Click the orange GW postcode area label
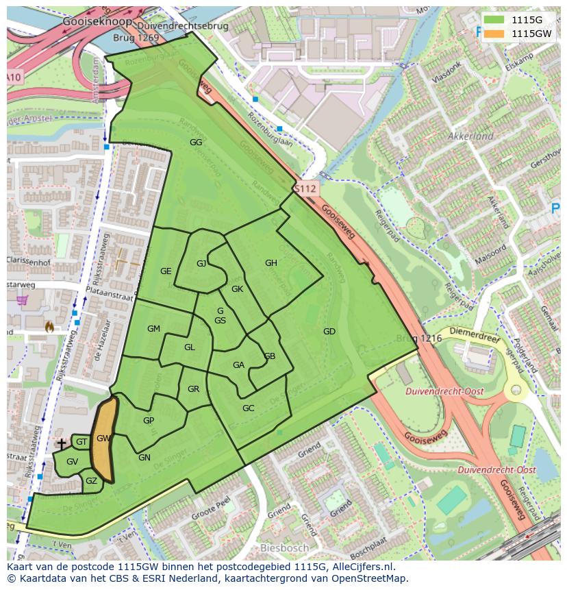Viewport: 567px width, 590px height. point(103,439)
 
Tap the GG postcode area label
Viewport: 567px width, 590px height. point(196,143)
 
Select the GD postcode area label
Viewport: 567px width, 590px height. point(329,332)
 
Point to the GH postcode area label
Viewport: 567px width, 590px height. point(271,263)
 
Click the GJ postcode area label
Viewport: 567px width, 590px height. point(201,264)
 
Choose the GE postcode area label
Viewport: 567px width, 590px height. point(166,271)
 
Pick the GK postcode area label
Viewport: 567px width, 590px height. point(238,289)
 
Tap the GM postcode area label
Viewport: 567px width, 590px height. point(153,329)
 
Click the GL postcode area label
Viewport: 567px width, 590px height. point(190,347)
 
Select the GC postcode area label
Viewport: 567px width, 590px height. point(249,408)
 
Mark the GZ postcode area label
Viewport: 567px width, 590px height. point(91,481)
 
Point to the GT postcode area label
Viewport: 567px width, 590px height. point(81,443)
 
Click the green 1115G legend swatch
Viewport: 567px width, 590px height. point(494,19)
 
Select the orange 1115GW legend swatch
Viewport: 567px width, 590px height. point(494,33)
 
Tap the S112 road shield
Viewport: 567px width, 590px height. point(306,188)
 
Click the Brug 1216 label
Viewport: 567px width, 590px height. point(418,339)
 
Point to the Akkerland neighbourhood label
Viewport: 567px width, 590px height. point(470,136)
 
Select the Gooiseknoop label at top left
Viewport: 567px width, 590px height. point(87,21)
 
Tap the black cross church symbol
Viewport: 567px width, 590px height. point(62,444)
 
